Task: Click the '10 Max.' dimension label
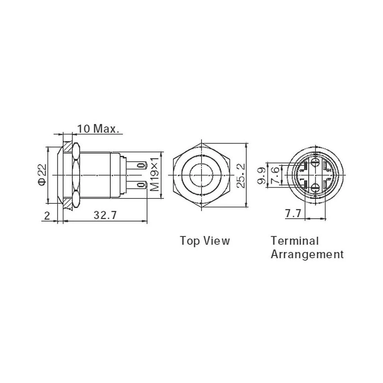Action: point(98,129)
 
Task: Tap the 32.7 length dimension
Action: point(106,215)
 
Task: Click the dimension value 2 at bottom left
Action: point(47,215)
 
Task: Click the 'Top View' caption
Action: point(205,241)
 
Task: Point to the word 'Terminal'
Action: point(295,241)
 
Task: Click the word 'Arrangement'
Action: point(307,254)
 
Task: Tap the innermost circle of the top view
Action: point(201,175)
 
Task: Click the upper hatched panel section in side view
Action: point(68,147)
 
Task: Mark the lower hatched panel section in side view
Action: point(68,203)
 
